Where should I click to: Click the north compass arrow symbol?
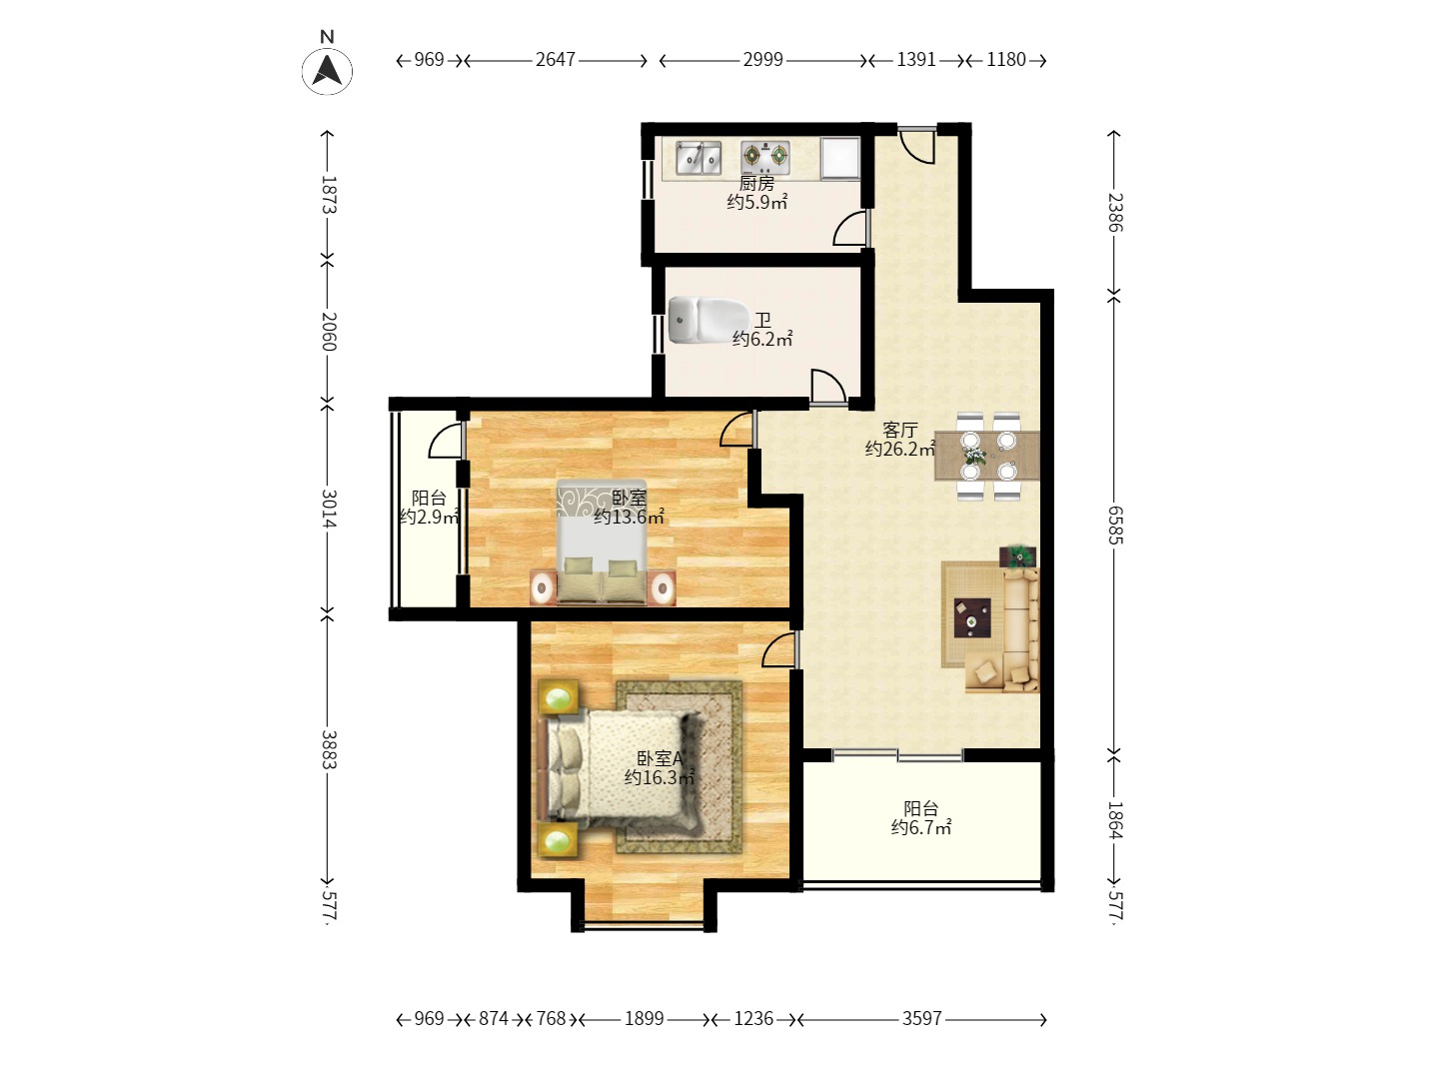click(327, 71)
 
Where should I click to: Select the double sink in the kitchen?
click(699, 158)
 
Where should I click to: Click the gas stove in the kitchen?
click(765, 157)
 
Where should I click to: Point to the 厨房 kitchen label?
click(756, 183)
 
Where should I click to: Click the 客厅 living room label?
click(899, 431)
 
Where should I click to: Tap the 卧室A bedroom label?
click(661, 758)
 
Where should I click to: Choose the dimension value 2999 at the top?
click(762, 60)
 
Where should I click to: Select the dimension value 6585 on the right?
click(1115, 525)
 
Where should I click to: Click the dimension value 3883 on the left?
click(329, 750)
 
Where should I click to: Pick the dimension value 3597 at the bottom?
click(921, 1019)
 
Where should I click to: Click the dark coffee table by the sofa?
click(972, 617)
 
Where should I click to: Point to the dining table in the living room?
click(987, 456)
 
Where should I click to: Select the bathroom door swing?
click(828, 386)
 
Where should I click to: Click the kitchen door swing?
click(850, 228)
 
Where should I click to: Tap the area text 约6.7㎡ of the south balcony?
click(921, 828)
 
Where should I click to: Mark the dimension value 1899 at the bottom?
click(644, 1019)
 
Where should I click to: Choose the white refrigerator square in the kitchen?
click(839, 157)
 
